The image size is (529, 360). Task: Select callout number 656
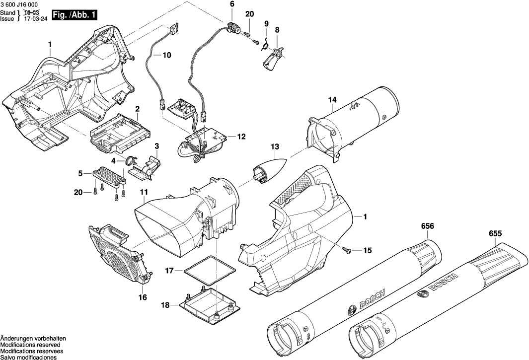[x=427, y=226]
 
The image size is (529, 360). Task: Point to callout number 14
[x=332, y=100]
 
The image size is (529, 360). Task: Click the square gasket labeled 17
[x=208, y=270]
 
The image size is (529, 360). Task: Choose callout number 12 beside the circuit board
[x=241, y=136]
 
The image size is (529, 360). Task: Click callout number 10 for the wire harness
[x=166, y=55]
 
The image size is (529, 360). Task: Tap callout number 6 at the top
[x=231, y=4]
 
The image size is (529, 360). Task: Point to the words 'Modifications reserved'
[x=30, y=344]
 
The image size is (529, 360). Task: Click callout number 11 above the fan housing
[x=144, y=192]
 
